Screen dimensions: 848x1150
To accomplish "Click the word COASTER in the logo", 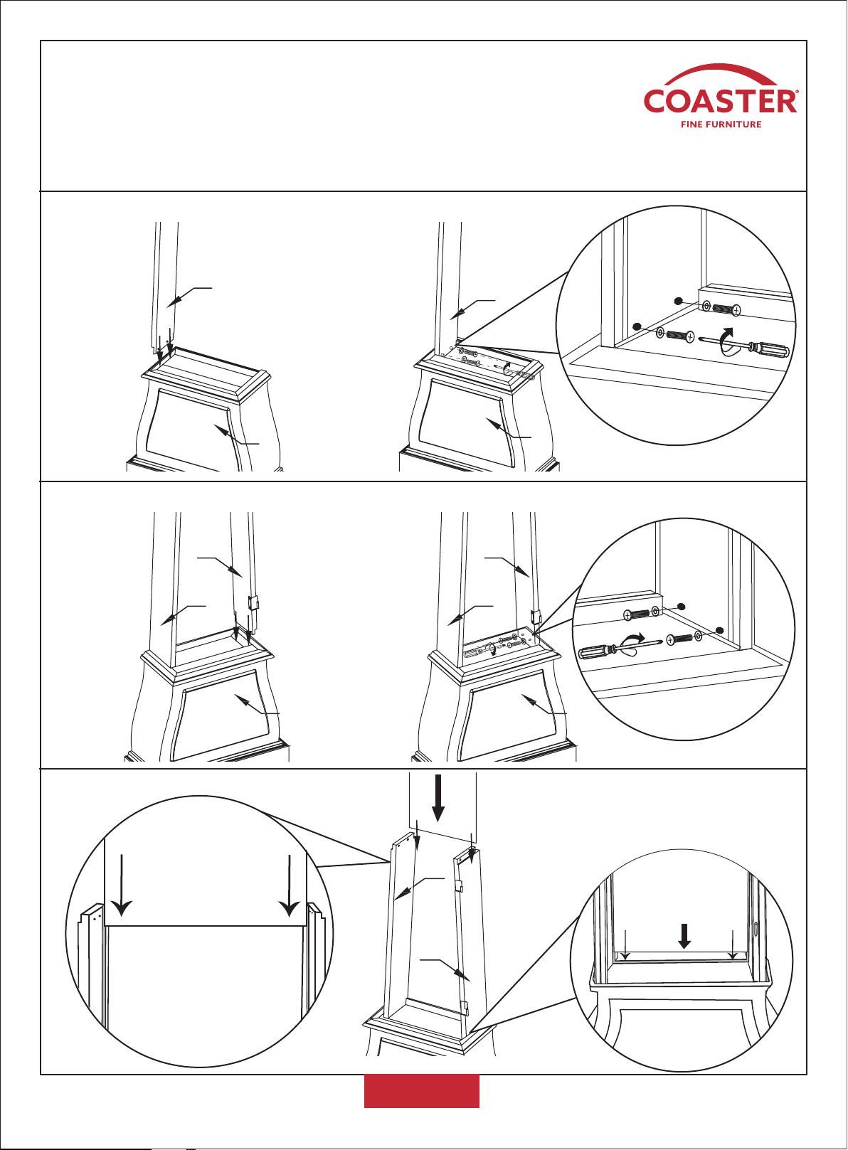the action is (721, 101).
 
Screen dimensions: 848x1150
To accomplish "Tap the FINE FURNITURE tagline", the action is (721, 124).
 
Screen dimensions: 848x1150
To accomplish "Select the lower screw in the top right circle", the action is (676, 335).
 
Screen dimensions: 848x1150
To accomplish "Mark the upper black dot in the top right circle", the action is (679, 301).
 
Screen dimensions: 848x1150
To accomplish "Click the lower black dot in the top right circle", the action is (637, 326).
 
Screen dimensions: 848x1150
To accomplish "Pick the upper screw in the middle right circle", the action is (642, 612).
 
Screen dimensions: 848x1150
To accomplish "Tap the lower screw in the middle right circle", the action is (685, 638).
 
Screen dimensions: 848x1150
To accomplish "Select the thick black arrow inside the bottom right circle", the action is (684, 936).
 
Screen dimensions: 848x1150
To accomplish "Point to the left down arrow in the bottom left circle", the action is (122, 893).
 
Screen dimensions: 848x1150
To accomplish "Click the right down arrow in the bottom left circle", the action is (290, 893).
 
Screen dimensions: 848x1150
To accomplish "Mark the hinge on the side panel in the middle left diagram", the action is (252, 602).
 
